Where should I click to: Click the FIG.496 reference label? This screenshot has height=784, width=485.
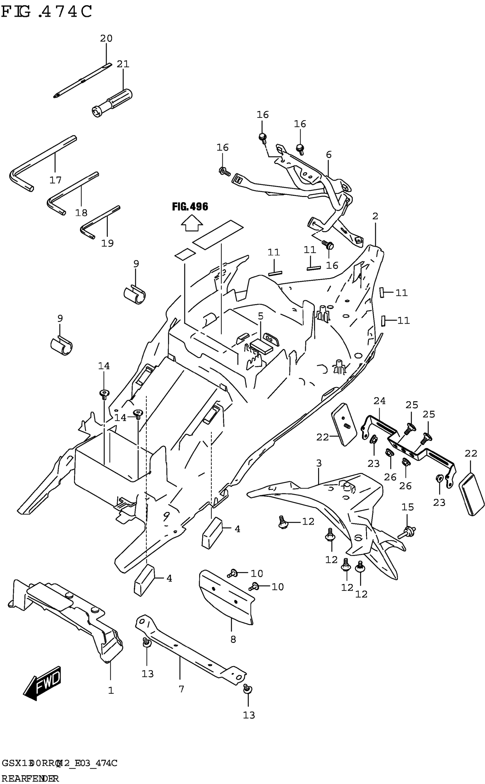tap(190, 207)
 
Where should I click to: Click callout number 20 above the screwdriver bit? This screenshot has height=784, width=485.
tap(106, 39)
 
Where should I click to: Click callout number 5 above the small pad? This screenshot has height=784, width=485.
tap(260, 316)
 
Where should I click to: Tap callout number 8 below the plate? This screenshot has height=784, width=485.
tap(233, 639)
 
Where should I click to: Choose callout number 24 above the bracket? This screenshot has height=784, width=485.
tap(379, 401)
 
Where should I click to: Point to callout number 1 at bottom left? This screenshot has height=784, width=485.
tap(111, 690)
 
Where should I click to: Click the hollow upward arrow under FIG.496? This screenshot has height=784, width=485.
tap(192, 223)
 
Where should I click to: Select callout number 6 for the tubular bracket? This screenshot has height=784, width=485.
tap(328, 155)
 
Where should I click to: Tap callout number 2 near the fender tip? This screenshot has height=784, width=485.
tap(375, 216)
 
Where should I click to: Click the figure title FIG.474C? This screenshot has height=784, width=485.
tap(47, 12)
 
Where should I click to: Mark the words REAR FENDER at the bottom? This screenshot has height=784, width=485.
tap(30, 779)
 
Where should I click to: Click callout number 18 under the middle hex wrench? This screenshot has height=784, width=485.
tap(81, 212)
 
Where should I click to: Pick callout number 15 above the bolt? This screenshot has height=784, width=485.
tap(408, 507)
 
